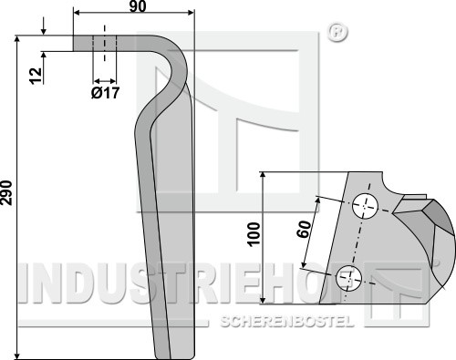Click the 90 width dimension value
pyautogui.click(x=138, y=6)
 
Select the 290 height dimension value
pyautogui.click(x=6, y=193)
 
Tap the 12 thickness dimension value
pyautogui.click(x=36, y=76)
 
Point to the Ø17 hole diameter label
pyautogui.click(x=105, y=92)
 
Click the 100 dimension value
pyautogui.click(x=254, y=234)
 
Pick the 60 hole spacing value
pyautogui.click(x=305, y=229)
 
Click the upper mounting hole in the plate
pyautogui.click(x=365, y=206)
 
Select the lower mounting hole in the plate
pyautogui.click(x=348, y=278)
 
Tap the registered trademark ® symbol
pyautogui.click(x=337, y=32)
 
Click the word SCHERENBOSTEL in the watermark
pyautogui.click(x=287, y=321)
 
